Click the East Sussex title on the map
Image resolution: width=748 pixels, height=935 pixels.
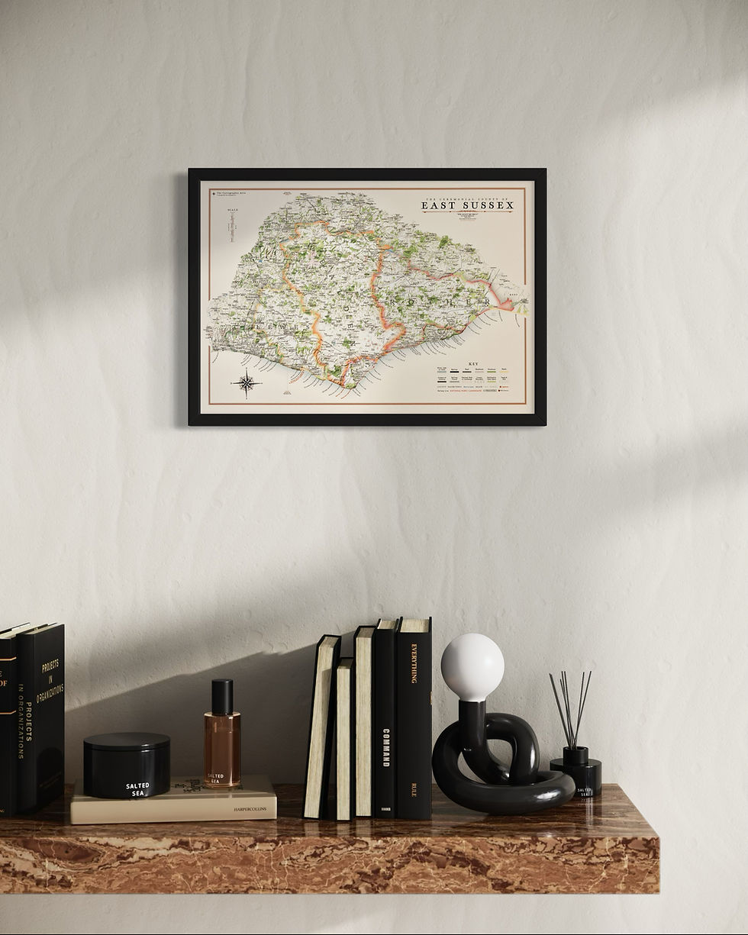tap(467, 205)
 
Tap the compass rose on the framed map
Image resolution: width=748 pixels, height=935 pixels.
tap(247, 383)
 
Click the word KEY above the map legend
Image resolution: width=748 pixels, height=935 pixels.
tap(473, 364)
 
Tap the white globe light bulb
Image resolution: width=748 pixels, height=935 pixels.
tap(472, 667)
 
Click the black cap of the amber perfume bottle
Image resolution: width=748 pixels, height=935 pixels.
tap(222, 696)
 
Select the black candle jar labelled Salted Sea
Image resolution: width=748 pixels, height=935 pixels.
tap(127, 765)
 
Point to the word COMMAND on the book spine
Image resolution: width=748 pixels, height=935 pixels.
tap(385, 748)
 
